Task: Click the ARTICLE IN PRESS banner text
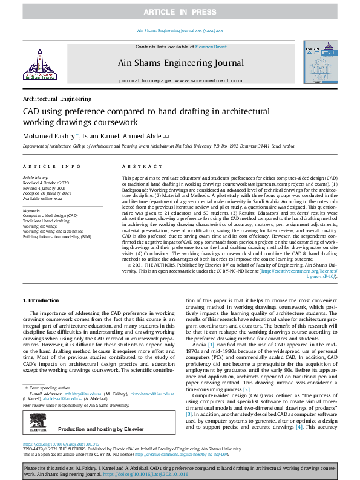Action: pyautogui.click(x=180, y=11)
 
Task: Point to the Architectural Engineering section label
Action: pyautogui.click(x=57, y=99)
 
